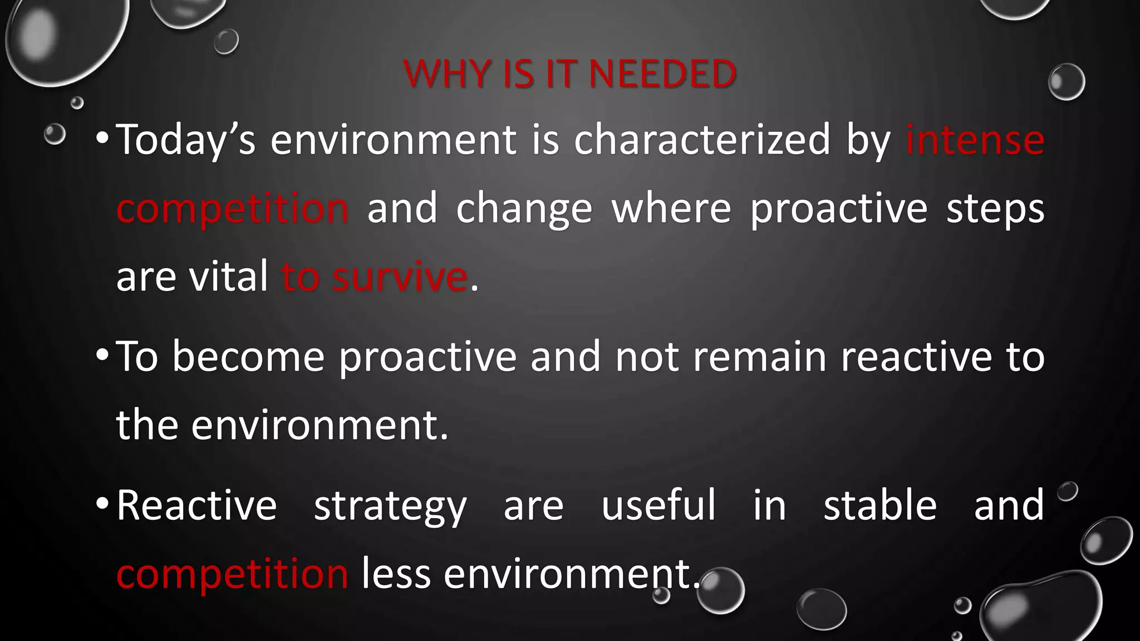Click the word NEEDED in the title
point(662,73)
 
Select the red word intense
point(975,140)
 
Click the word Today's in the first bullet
point(186,140)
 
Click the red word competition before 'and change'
point(233,208)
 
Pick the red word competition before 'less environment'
point(233,574)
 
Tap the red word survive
point(400,277)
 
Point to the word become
point(248,357)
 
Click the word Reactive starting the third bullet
point(196,505)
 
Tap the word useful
point(659,505)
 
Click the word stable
point(880,505)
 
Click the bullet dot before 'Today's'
point(102,139)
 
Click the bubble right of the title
point(1066,82)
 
